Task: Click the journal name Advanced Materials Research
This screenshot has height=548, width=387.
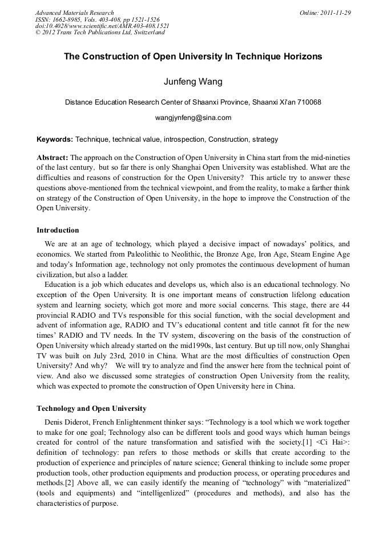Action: (x=74, y=13)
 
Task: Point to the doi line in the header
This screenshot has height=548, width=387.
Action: (x=102, y=26)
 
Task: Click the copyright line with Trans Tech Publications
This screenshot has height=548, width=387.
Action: (x=100, y=33)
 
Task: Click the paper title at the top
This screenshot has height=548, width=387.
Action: (x=193, y=57)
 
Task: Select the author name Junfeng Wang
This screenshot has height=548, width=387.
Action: (x=193, y=82)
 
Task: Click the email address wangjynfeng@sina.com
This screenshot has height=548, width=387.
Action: (x=193, y=118)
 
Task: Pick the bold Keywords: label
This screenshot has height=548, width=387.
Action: (x=55, y=139)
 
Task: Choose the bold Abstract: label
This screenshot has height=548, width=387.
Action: (x=53, y=157)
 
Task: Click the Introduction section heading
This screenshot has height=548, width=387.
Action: (x=58, y=230)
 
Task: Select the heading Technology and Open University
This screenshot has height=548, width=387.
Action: (x=91, y=409)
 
